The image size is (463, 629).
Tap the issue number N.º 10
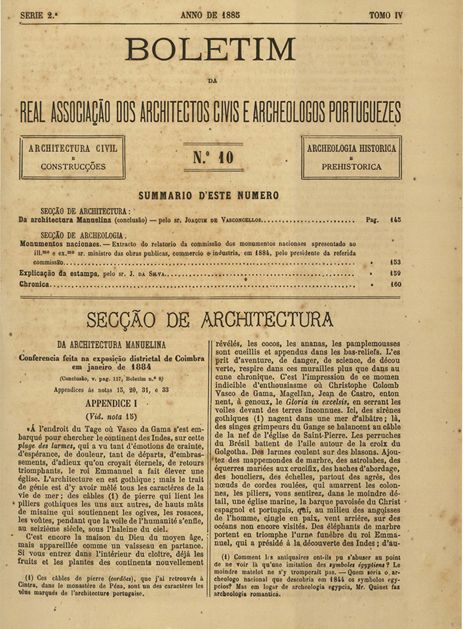pyautogui.click(x=212, y=158)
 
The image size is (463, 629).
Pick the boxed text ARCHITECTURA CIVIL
pyautogui.click(x=73, y=149)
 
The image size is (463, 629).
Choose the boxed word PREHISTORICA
pyautogui.click(x=351, y=167)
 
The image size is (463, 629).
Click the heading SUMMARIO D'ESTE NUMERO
pyautogui.click(x=209, y=195)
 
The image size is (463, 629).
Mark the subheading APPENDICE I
pyautogui.click(x=111, y=404)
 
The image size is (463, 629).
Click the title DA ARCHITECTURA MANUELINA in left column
pyautogui.click(x=111, y=344)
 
